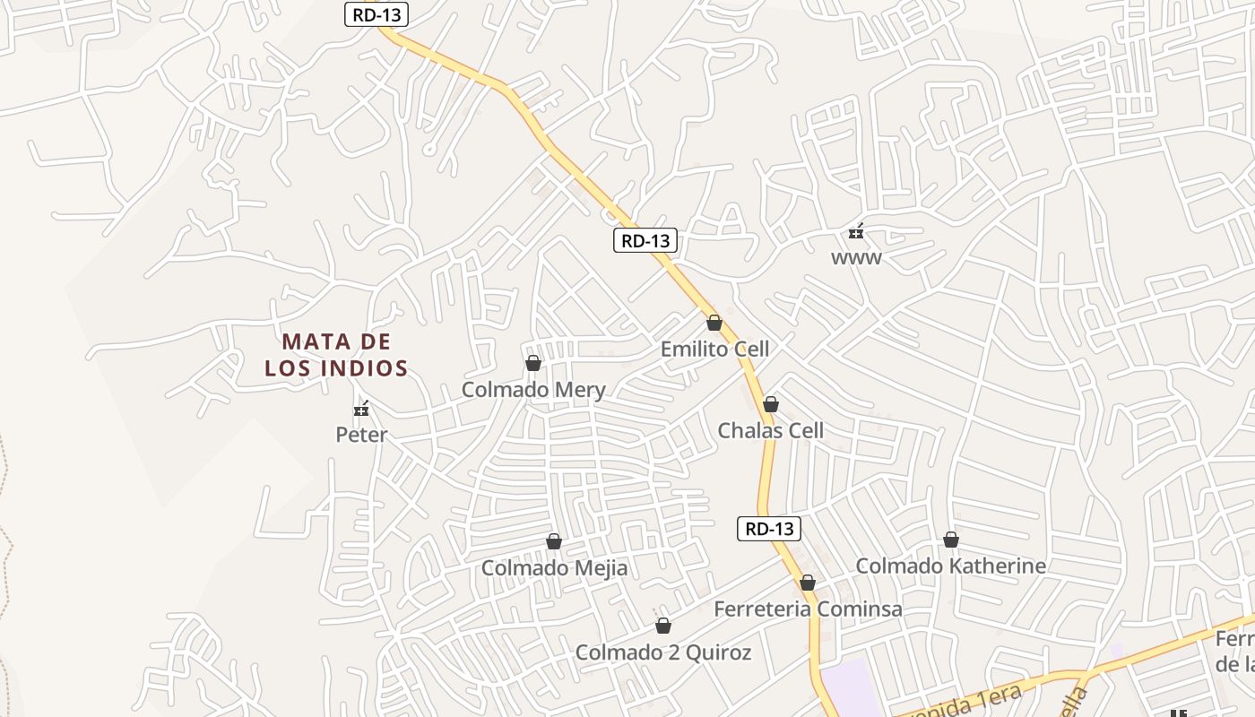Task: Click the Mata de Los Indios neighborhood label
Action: [x=336, y=354]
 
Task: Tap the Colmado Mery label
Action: [x=533, y=390]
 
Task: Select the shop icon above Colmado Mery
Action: [x=533, y=363]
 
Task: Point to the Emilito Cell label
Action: [x=714, y=349]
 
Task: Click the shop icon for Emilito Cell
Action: [x=714, y=323]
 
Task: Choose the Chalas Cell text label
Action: [x=770, y=430]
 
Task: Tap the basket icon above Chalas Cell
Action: [x=770, y=404]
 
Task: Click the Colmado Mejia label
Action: [x=554, y=568]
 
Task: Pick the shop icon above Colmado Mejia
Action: [x=554, y=541]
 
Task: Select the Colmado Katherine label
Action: [x=950, y=566]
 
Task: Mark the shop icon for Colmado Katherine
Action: [x=950, y=540]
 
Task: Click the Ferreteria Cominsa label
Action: [x=808, y=609]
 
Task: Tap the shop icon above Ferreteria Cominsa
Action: [x=808, y=583]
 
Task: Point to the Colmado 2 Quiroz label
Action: [x=663, y=652]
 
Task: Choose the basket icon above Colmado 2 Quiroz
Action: [x=663, y=626]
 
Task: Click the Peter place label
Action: [x=361, y=436]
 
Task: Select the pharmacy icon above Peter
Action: [x=361, y=410]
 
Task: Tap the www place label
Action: [x=856, y=258]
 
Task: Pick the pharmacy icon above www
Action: [x=856, y=232]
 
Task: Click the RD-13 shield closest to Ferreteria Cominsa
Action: [x=769, y=529]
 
